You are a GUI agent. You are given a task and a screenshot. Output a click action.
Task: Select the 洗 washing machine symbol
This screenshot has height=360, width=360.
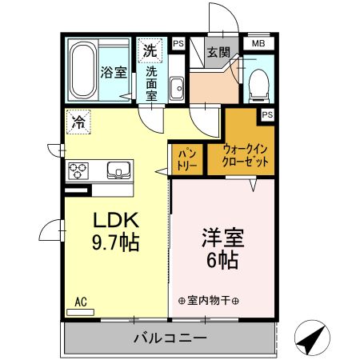150,50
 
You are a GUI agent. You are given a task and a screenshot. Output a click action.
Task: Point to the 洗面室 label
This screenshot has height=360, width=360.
151,82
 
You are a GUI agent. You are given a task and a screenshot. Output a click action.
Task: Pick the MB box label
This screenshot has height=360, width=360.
258,43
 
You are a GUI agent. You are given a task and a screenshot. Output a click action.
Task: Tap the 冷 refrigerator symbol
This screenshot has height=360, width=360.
79,122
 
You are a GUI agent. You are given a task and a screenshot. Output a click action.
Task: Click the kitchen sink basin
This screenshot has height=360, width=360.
117,170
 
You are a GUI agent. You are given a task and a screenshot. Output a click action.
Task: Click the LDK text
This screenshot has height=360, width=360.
118,219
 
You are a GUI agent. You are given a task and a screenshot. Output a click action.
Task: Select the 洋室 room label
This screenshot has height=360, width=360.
222,238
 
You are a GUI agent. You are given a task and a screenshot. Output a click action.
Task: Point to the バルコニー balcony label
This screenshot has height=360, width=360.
170,338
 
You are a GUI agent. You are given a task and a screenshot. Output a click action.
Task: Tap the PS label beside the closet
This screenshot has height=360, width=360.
267,115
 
